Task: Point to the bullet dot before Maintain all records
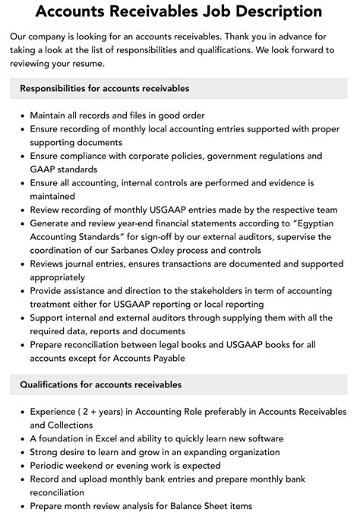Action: pyautogui.click(x=22, y=115)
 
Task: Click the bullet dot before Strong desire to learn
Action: pyautogui.click(x=22, y=452)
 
